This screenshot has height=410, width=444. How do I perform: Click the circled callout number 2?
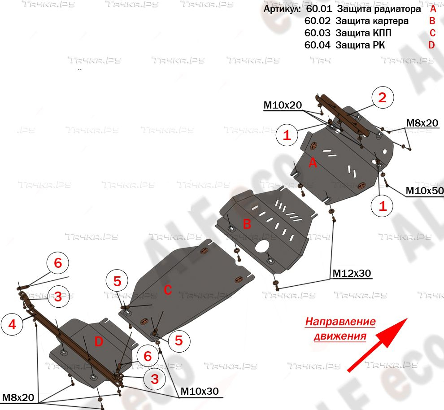(x=382, y=98)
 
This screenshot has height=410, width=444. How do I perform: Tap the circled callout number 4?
(x=12, y=324)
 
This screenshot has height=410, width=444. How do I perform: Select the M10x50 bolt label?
(x=424, y=191)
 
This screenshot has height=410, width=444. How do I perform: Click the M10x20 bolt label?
(x=283, y=105)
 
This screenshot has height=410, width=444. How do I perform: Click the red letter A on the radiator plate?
(x=313, y=164)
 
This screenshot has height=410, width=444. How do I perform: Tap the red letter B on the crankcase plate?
(x=247, y=224)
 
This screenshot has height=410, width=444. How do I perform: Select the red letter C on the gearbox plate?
(x=167, y=290)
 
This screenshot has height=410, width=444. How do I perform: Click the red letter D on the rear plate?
(x=99, y=342)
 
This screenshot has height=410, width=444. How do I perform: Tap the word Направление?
(x=340, y=322)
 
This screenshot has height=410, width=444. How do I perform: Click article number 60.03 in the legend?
(x=317, y=33)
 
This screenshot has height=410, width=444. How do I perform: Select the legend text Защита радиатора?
(x=379, y=9)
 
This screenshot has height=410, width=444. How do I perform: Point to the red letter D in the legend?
(x=431, y=45)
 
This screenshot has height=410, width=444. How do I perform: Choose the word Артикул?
(x=282, y=9)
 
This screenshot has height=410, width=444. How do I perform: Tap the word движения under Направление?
(x=340, y=336)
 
